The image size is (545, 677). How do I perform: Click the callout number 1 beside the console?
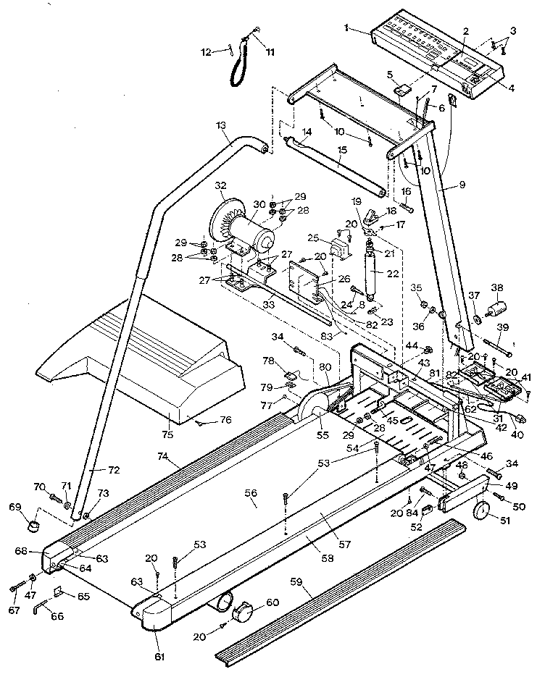[347, 28]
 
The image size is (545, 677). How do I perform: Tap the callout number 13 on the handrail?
[220, 125]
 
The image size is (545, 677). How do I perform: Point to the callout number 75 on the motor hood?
[168, 435]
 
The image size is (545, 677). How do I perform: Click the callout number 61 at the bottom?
[159, 657]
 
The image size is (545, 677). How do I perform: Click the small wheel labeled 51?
[481, 513]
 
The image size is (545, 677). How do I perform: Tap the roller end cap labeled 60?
[242, 614]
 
